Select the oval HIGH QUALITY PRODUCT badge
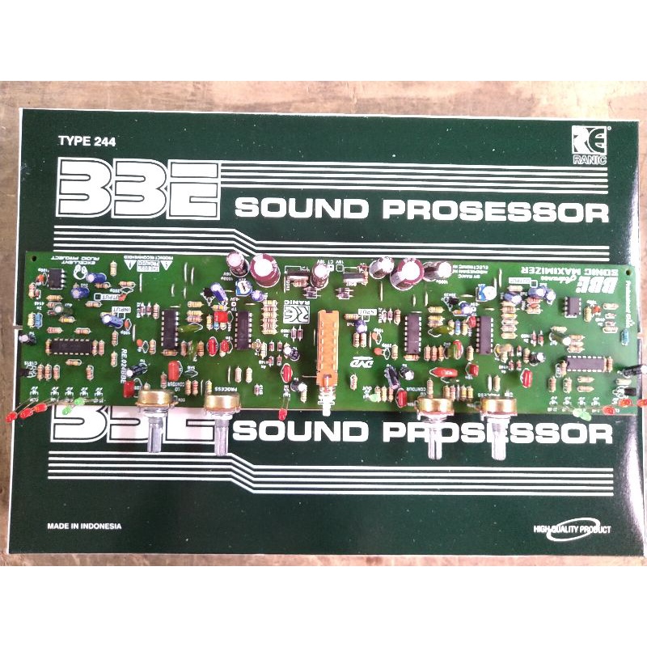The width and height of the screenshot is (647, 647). coord(572,530)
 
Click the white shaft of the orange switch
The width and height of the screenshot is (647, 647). coord(327,403)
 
